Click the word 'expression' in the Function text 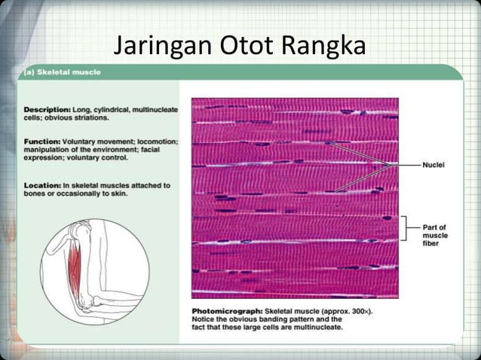pyautogui.click(x=46, y=158)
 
